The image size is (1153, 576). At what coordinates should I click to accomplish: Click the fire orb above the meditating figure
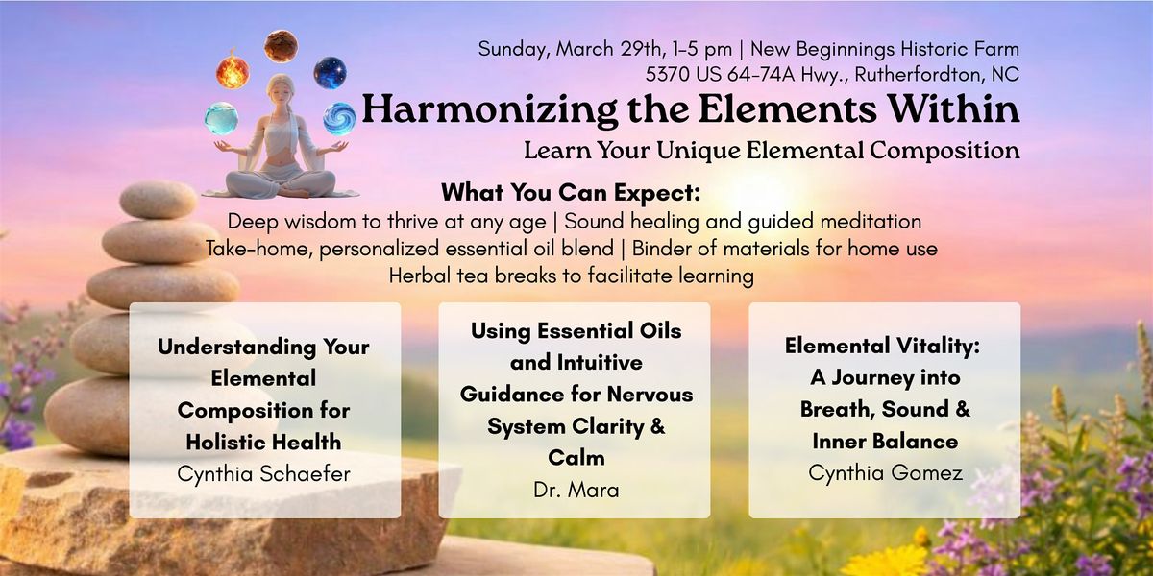[x=233, y=71]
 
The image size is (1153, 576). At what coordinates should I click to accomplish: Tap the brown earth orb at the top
[x=281, y=46]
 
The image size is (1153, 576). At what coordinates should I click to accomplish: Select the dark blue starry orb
[x=330, y=73]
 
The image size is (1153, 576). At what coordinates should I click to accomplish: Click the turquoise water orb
[x=221, y=119]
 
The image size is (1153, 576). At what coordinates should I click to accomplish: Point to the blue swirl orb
[x=339, y=119]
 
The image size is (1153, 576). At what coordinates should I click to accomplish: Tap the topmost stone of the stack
[x=158, y=200]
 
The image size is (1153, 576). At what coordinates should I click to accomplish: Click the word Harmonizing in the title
[x=489, y=110]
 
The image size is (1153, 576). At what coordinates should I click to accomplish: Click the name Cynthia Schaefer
[x=263, y=473]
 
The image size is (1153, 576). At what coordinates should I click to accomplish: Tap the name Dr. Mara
[x=576, y=491]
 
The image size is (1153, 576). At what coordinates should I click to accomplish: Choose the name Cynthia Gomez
[x=885, y=472]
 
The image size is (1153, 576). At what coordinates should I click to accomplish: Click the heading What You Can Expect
[x=571, y=192]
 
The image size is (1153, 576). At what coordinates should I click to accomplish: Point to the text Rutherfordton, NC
[x=937, y=75]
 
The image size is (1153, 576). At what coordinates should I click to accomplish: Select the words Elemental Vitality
[x=882, y=346]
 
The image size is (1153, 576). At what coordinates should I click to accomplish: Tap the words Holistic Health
[x=263, y=442]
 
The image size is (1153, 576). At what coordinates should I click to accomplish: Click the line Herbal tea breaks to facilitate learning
[x=572, y=276]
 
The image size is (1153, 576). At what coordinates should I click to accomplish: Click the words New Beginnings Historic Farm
[x=885, y=49]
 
